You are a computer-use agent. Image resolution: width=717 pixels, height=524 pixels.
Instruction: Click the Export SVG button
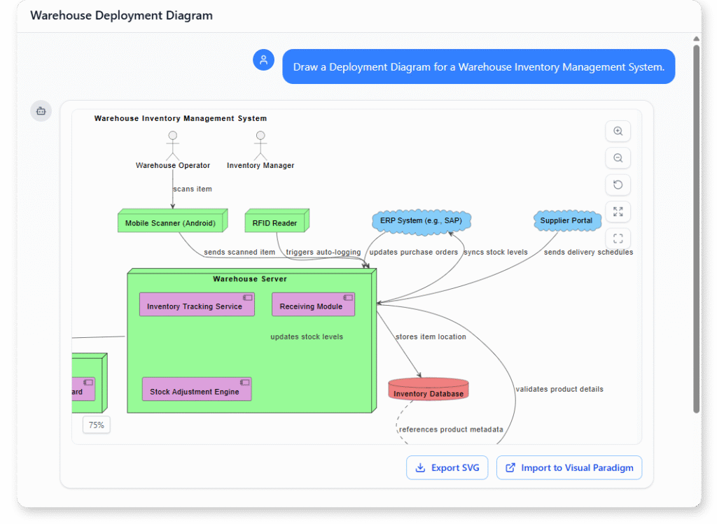click(x=447, y=468)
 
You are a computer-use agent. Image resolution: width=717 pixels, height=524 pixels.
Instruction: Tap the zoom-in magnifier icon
click(x=618, y=132)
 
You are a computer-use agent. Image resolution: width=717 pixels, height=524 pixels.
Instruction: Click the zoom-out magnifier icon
click(x=618, y=158)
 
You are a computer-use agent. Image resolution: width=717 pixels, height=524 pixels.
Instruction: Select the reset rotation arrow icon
click(x=618, y=185)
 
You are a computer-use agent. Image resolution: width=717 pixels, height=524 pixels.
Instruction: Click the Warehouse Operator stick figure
click(x=172, y=146)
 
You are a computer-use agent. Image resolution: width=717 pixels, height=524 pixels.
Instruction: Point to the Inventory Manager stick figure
click(x=260, y=146)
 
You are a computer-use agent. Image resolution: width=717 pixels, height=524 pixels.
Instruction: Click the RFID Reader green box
click(x=276, y=222)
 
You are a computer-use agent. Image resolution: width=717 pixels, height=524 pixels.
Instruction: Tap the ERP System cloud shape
click(x=422, y=220)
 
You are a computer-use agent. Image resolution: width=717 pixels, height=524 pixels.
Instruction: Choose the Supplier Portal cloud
click(x=566, y=220)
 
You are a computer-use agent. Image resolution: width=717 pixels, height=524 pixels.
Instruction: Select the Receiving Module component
click(x=313, y=305)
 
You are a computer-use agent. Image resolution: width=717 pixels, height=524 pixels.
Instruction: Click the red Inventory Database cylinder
click(x=429, y=389)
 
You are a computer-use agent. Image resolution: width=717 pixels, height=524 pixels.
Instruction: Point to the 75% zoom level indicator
click(x=97, y=425)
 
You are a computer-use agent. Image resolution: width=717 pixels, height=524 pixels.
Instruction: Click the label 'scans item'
click(x=193, y=189)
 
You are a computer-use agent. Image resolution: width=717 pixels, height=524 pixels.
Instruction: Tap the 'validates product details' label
click(x=559, y=389)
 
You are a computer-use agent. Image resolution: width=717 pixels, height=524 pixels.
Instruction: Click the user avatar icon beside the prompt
click(x=263, y=60)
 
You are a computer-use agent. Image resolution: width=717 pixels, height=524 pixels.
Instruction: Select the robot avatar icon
click(x=41, y=111)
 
